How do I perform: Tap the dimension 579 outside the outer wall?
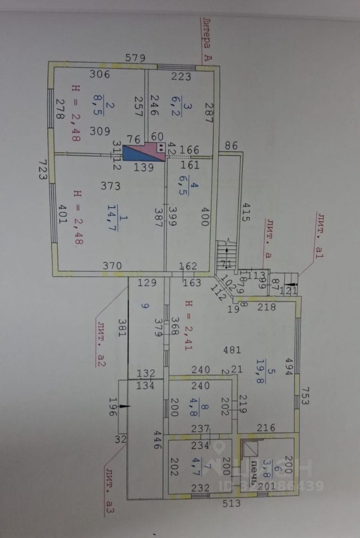pyautogui.click(x=135, y=57)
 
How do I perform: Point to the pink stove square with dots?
pyautogui.click(x=161, y=147)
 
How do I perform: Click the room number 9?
pyautogui.click(x=144, y=307)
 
